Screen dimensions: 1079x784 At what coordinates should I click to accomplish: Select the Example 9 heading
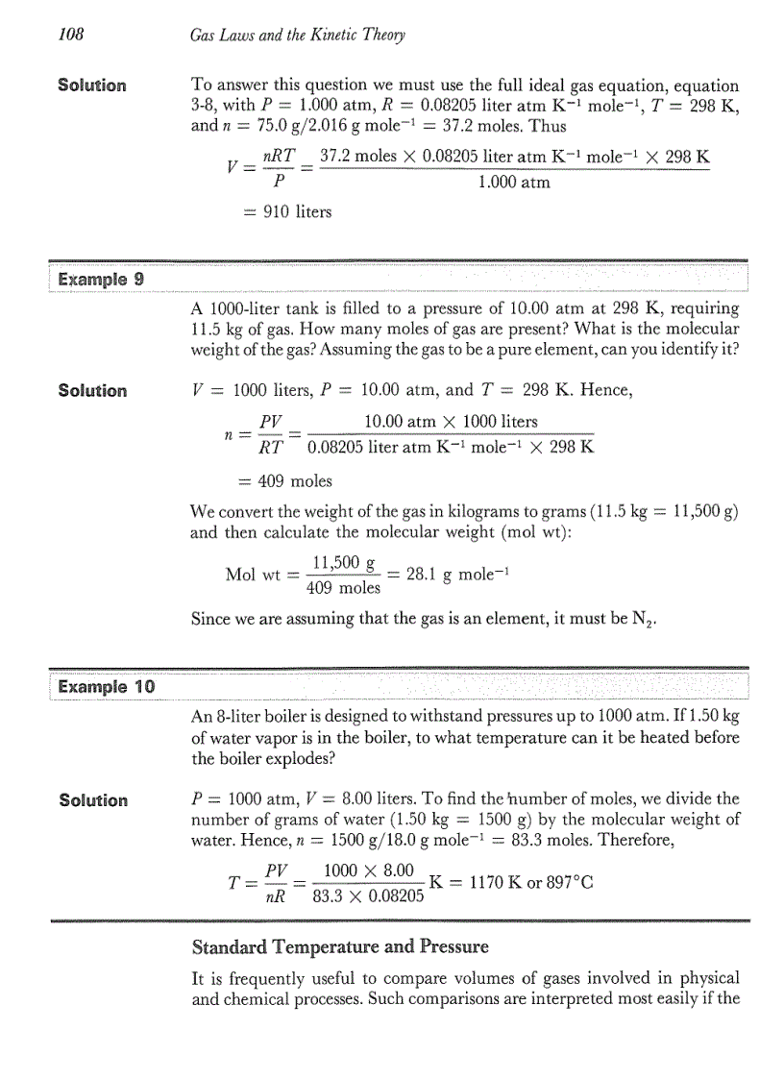[x=101, y=280]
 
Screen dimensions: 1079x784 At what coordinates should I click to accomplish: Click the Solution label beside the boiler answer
[x=92, y=800]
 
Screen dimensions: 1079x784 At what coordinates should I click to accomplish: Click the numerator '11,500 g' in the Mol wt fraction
[x=345, y=565]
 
